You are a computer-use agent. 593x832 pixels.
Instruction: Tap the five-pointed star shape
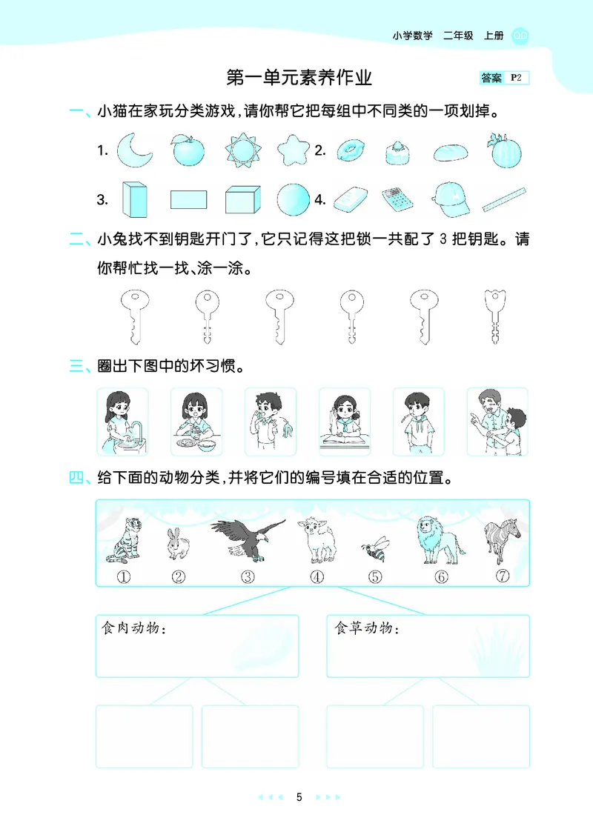[293, 150]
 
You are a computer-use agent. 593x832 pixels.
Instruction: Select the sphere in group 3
[293, 199]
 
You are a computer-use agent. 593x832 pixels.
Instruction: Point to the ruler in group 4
[504, 199]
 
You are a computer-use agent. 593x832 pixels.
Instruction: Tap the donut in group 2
[347, 151]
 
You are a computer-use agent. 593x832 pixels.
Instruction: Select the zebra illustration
[497, 539]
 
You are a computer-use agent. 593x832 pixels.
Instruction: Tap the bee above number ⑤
[374, 550]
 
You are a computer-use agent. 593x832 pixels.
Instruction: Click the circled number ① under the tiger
[123, 577]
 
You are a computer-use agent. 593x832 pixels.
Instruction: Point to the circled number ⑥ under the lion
[441, 577]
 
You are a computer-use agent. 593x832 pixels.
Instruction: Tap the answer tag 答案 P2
[503, 78]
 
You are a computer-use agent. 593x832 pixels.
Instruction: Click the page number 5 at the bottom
[299, 798]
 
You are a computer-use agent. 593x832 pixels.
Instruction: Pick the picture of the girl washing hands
[122, 421]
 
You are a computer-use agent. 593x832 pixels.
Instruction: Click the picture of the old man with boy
[497, 421]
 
